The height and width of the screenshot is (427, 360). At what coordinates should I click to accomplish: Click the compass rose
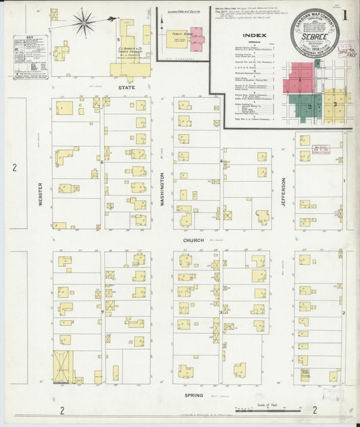(84, 24)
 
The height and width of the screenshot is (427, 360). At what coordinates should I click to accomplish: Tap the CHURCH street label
(192, 240)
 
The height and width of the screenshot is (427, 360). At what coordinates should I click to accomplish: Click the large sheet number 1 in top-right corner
(346, 13)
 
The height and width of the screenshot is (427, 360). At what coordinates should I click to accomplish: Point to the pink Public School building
(197, 40)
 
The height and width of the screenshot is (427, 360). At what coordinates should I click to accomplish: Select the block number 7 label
(102, 313)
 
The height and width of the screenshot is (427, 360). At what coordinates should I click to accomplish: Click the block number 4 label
(222, 161)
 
